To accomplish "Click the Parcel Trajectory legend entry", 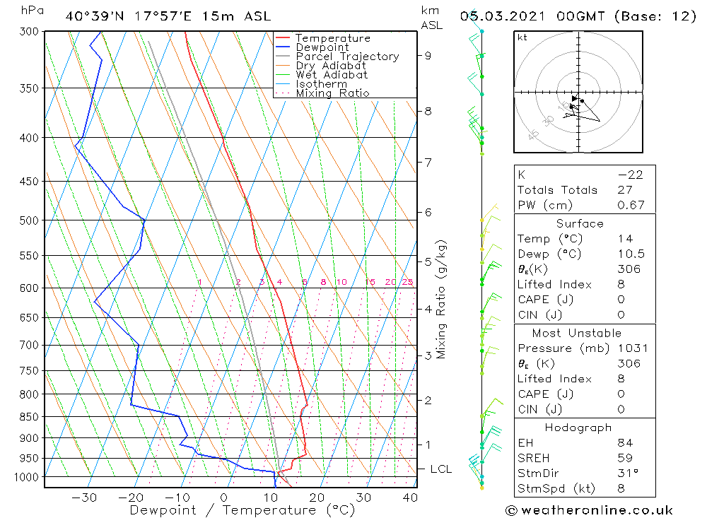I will [347, 57].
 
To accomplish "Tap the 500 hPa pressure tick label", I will [29, 220].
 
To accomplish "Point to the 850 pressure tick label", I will [29, 417].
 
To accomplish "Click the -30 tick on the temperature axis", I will [84, 498].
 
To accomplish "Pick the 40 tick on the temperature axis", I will [410, 498].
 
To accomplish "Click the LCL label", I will [441, 469].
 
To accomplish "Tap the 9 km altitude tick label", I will [428, 55].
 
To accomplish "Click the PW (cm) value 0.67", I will [631, 205].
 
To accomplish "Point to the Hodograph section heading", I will [584, 428].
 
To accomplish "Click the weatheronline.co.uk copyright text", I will [589, 510].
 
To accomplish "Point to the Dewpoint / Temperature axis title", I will [241, 510].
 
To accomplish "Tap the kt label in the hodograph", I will [522, 37].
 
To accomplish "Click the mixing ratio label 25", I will [407, 283].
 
